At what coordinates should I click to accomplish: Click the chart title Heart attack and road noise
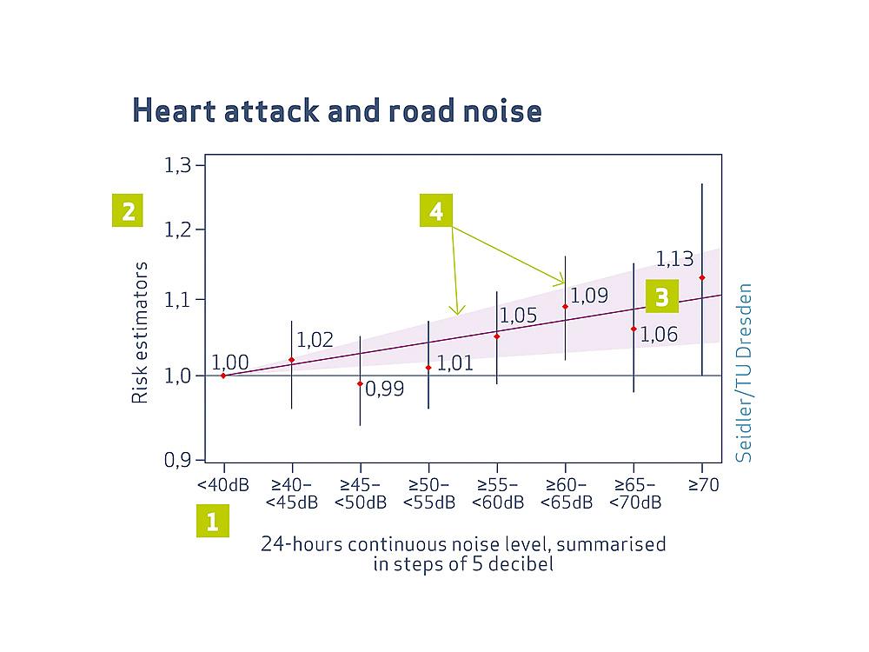pyautogui.click(x=337, y=111)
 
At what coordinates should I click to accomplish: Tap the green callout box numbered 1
pyautogui.click(x=212, y=522)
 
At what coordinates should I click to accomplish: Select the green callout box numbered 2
pyautogui.click(x=128, y=211)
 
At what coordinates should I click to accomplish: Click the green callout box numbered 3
pyautogui.click(x=661, y=297)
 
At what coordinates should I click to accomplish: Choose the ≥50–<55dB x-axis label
pyautogui.click(x=428, y=494)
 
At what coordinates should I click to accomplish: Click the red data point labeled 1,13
pyautogui.click(x=702, y=277)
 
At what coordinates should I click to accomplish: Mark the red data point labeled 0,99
pyautogui.click(x=360, y=383)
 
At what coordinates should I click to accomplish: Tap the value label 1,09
pyautogui.click(x=589, y=295)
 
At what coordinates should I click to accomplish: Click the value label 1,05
pyautogui.click(x=519, y=316)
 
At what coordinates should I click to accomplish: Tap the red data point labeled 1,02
pyautogui.click(x=291, y=360)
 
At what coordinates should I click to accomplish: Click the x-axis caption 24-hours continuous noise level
pyautogui.click(x=463, y=545)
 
